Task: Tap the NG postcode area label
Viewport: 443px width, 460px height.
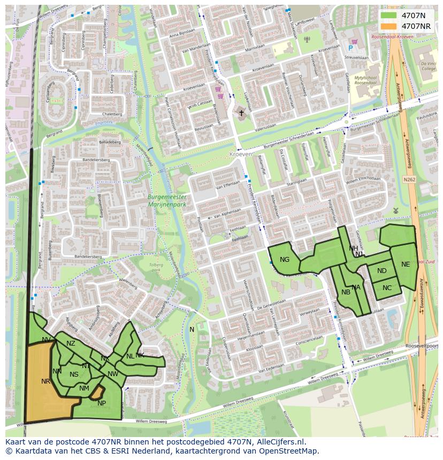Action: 285,260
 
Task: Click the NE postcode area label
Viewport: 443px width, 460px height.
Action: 406,264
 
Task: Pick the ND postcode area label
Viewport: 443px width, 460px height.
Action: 381,271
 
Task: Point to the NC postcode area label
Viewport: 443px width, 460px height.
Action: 387,288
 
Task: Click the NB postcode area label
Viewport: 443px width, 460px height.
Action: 346,292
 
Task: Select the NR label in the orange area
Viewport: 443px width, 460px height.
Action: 45,381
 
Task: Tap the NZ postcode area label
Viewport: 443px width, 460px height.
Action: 71,344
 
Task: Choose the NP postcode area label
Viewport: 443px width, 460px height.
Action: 102,403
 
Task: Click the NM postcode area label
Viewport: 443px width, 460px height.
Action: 84,388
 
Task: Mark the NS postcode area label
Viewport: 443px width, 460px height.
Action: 74,375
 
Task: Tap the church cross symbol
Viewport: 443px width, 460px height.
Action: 241,113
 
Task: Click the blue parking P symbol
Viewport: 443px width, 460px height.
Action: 350,48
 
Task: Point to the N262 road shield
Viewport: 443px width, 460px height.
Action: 409,180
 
